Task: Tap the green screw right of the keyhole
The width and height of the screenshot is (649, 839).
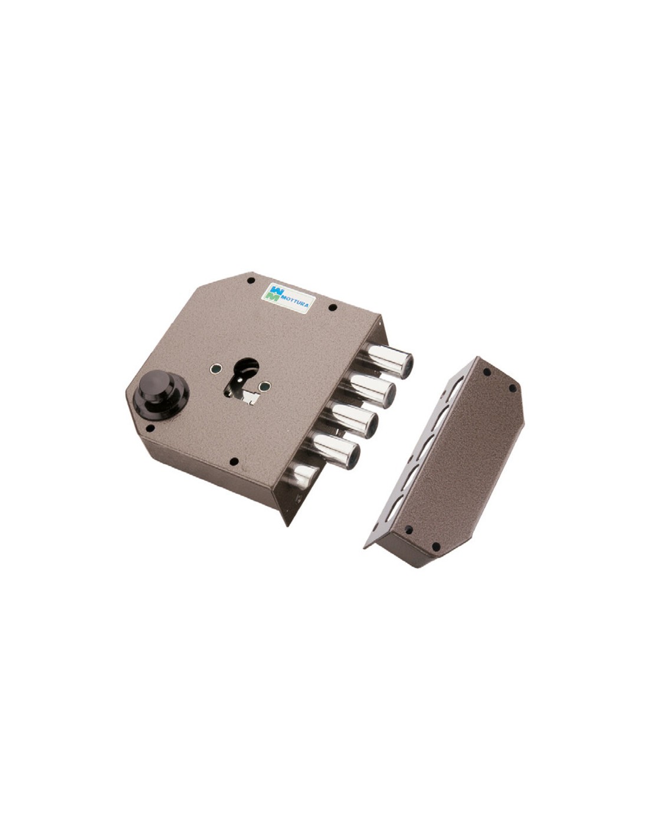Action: (x=264, y=386)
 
